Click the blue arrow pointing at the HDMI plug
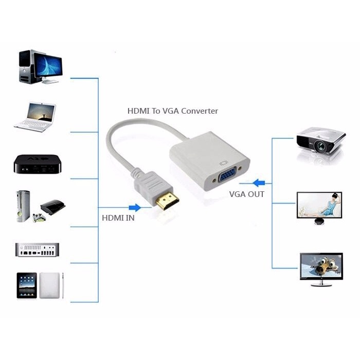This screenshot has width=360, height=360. pyautogui.click(x=135, y=208)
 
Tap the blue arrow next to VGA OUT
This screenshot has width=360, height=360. pyautogui.click(x=259, y=183)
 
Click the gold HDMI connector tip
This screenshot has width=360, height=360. pyautogui.click(x=167, y=202)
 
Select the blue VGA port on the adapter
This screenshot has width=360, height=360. pyautogui.click(x=227, y=176)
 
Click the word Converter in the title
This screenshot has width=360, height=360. pyautogui.click(x=200, y=111)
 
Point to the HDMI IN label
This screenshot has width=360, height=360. pyautogui.click(x=118, y=218)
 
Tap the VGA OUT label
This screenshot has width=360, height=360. pyautogui.click(x=247, y=194)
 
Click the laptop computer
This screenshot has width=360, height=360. pyautogui.click(x=35, y=117)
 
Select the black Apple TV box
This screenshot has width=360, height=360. pyautogui.click(x=38, y=164)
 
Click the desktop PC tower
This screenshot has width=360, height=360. pyautogui.click(x=25, y=66)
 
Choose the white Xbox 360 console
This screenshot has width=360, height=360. pyautogui.click(x=23, y=206)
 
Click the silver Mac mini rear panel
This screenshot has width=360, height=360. pyautogui.click(x=37, y=250)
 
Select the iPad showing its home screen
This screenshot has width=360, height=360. pyautogui.click(x=27, y=285)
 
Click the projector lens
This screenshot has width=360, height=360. pyautogui.click(x=321, y=146)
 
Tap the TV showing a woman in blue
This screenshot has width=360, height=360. pyautogui.click(x=319, y=205)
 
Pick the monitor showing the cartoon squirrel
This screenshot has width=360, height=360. pyautogui.click(x=321, y=266)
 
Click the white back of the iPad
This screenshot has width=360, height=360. pyautogui.click(x=49, y=285)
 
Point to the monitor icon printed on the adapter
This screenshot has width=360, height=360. pyautogui.click(x=223, y=163)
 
